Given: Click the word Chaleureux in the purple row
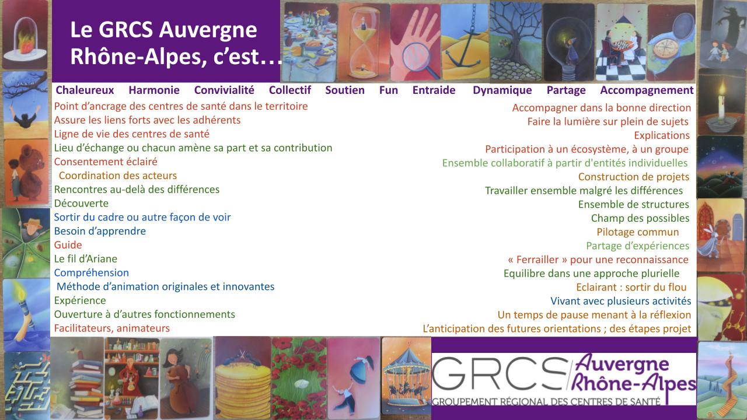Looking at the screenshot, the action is pos(85,90).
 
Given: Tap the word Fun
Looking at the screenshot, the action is pos(389,90).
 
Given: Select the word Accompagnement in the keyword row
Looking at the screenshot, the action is pos(647,90).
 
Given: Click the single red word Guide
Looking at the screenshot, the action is pos(68,245).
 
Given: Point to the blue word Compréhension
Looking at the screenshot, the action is pos(92,273).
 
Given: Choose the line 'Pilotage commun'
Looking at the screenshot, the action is pos(638,232).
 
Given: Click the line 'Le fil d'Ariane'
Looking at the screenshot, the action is pos(86,259).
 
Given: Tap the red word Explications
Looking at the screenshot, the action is pos(662,135).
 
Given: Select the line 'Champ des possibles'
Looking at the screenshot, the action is pos(640,218).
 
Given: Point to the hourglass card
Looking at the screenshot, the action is pos(364,43).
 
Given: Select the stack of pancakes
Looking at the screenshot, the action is pos(243,390).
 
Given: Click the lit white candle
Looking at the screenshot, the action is pos(721,100).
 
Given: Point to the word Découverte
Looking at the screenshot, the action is pos(81,204).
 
